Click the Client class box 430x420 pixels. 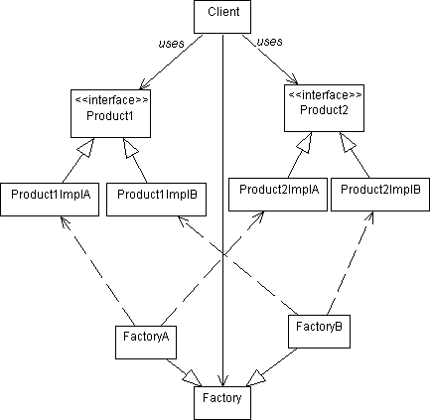pyautogui.click(x=222, y=17)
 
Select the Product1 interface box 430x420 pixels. pyautogui.click(x=110, y=113)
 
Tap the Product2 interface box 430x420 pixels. pyautogui.click(x=324, y=108)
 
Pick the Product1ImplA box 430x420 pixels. pyautogui.click(x=50, y=200)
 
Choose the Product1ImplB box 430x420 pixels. pyautogui.click(x=156, y=200)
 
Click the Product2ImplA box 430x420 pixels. pyautogui.click(x=278, y=195)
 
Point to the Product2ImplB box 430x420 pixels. pyautogui.click(x=380, y=195)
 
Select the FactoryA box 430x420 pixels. pyautogui.click(x=146, y=343)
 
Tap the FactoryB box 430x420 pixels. pyautogui.click(x=319, y=332)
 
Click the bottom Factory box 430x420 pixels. pyautogui.click(x=222, y=403)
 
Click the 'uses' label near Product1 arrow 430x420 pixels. pyautogui.click(x=171, y=44)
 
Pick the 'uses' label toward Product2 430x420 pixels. pyautogui.click(x=270, y=42)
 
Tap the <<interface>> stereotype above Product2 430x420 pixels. pyautogui.click(x=326, y=95)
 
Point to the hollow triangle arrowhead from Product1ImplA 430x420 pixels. pyautogui.click(x=86, y=147)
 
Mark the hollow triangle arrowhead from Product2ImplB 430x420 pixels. pyautogui.click(x=347, y=142)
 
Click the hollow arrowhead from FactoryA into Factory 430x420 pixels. pyautogui.click(x=192, y=377)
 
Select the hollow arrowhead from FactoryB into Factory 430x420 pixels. pyautogui.click(x=255, y=377)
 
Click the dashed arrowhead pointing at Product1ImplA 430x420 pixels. pyautogui.click(x=66, y=222)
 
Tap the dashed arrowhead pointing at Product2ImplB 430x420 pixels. pyautogui.click(x=369, y=217)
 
